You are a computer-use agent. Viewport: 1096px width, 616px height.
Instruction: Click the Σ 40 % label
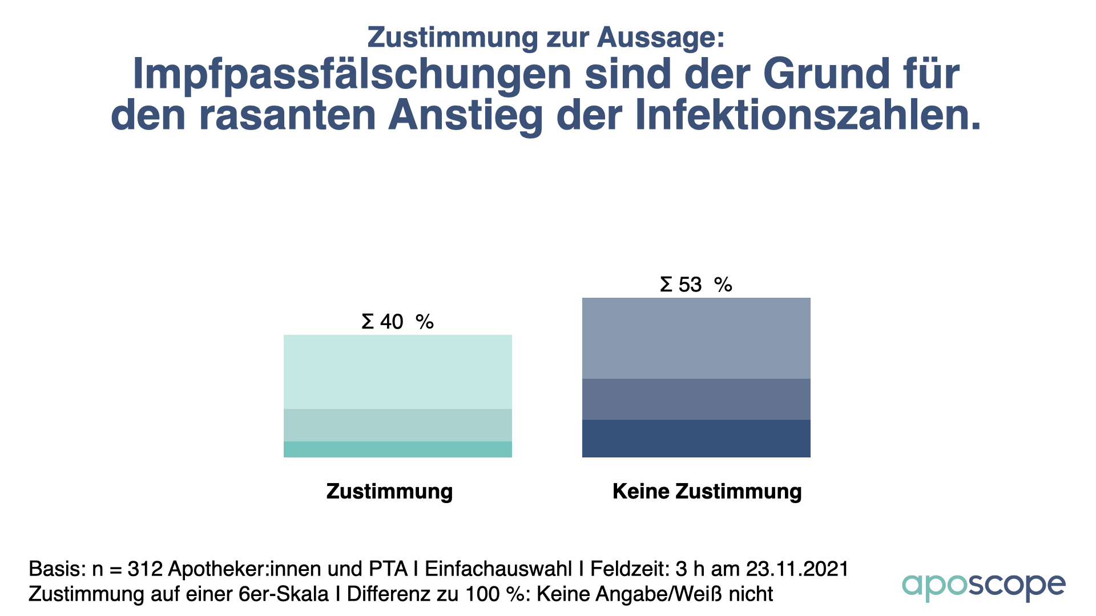[397, 322]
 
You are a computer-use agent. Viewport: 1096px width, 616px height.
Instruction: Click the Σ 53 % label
[696, 285]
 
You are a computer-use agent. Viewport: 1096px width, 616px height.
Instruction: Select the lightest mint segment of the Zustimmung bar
[397, 372]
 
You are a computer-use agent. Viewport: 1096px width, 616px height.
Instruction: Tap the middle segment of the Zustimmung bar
[397, 425]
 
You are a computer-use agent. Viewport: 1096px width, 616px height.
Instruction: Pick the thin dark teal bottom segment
[397, 449]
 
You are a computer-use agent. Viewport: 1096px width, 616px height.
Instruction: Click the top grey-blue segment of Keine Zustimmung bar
[696, 338]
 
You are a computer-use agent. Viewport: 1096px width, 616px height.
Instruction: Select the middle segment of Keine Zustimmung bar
[696, 399]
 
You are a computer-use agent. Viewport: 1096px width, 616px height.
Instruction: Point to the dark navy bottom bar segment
[696, 439]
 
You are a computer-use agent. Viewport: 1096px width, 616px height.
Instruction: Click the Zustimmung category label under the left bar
[389, 492]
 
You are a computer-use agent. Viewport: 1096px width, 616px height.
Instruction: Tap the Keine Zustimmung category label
[707, 492]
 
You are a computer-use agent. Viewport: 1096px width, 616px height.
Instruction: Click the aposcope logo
[983, 586]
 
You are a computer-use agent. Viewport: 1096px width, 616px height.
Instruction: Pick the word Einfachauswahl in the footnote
[498, 569]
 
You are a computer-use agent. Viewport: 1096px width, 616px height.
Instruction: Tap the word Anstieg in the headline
[465, 116]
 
